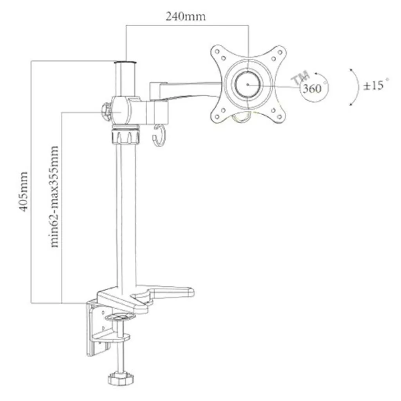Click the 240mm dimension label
pyautogui.click(x=186, y=16)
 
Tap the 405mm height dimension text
pyautogui.click(x=23, y=191)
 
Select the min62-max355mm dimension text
pyautogui.click(x=54, y=197)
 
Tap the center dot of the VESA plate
pyautogui.click(x=248, y=84)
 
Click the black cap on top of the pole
pyautogui.click(x=126, y=62)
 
